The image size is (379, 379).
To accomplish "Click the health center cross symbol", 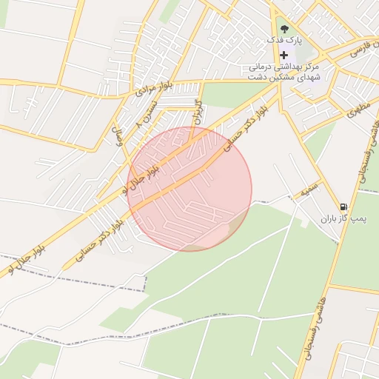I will pyautogui.click(x=284, y=55).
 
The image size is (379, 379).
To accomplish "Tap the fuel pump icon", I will pyautogui.click(x=343, y=207).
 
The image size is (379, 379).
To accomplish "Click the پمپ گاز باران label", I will pyautogui.click(x=343, y=220).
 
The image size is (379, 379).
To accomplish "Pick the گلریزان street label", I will pyautogui.click(x=198, y=111).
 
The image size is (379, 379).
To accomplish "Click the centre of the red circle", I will pyautogui.click(x=189, y=189).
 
